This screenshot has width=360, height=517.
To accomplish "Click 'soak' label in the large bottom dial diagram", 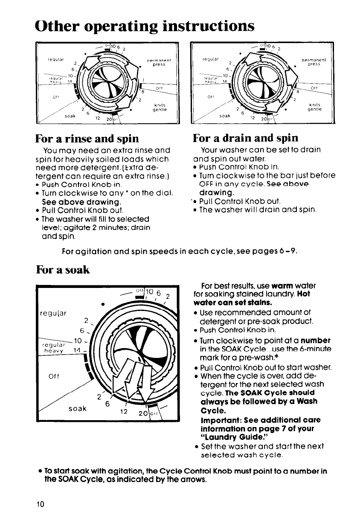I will point(76,408).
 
